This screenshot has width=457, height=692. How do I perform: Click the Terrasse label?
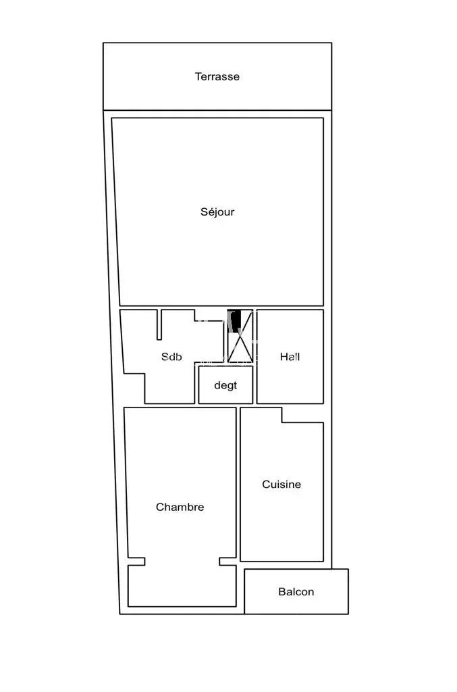[x=217, y=76]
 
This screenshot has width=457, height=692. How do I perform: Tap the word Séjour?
[x=217, y=212]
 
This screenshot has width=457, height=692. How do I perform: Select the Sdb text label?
[x=171, y=357]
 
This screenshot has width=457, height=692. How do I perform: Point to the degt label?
[x=225, y=385]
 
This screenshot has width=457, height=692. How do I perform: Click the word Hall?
[x=290, y=357]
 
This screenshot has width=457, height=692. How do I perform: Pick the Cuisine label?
[x=281, y=484]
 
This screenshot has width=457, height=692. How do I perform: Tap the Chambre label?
[x=180, y=507]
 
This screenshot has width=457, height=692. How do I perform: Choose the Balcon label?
[x=296, y=591]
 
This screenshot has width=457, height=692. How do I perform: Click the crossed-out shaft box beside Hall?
[x=240, y=336]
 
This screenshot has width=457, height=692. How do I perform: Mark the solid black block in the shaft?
[x=236, y=320]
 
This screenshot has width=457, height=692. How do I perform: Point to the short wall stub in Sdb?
[x=159, y=324]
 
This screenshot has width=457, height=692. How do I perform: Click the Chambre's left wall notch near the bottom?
[x=136, y=562]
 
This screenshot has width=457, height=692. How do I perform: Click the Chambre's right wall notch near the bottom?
[x=228, y=562]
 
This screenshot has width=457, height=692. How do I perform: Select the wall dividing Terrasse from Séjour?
[x=217, y=110]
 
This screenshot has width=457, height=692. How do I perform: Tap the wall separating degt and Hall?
[x=254, y=385]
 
